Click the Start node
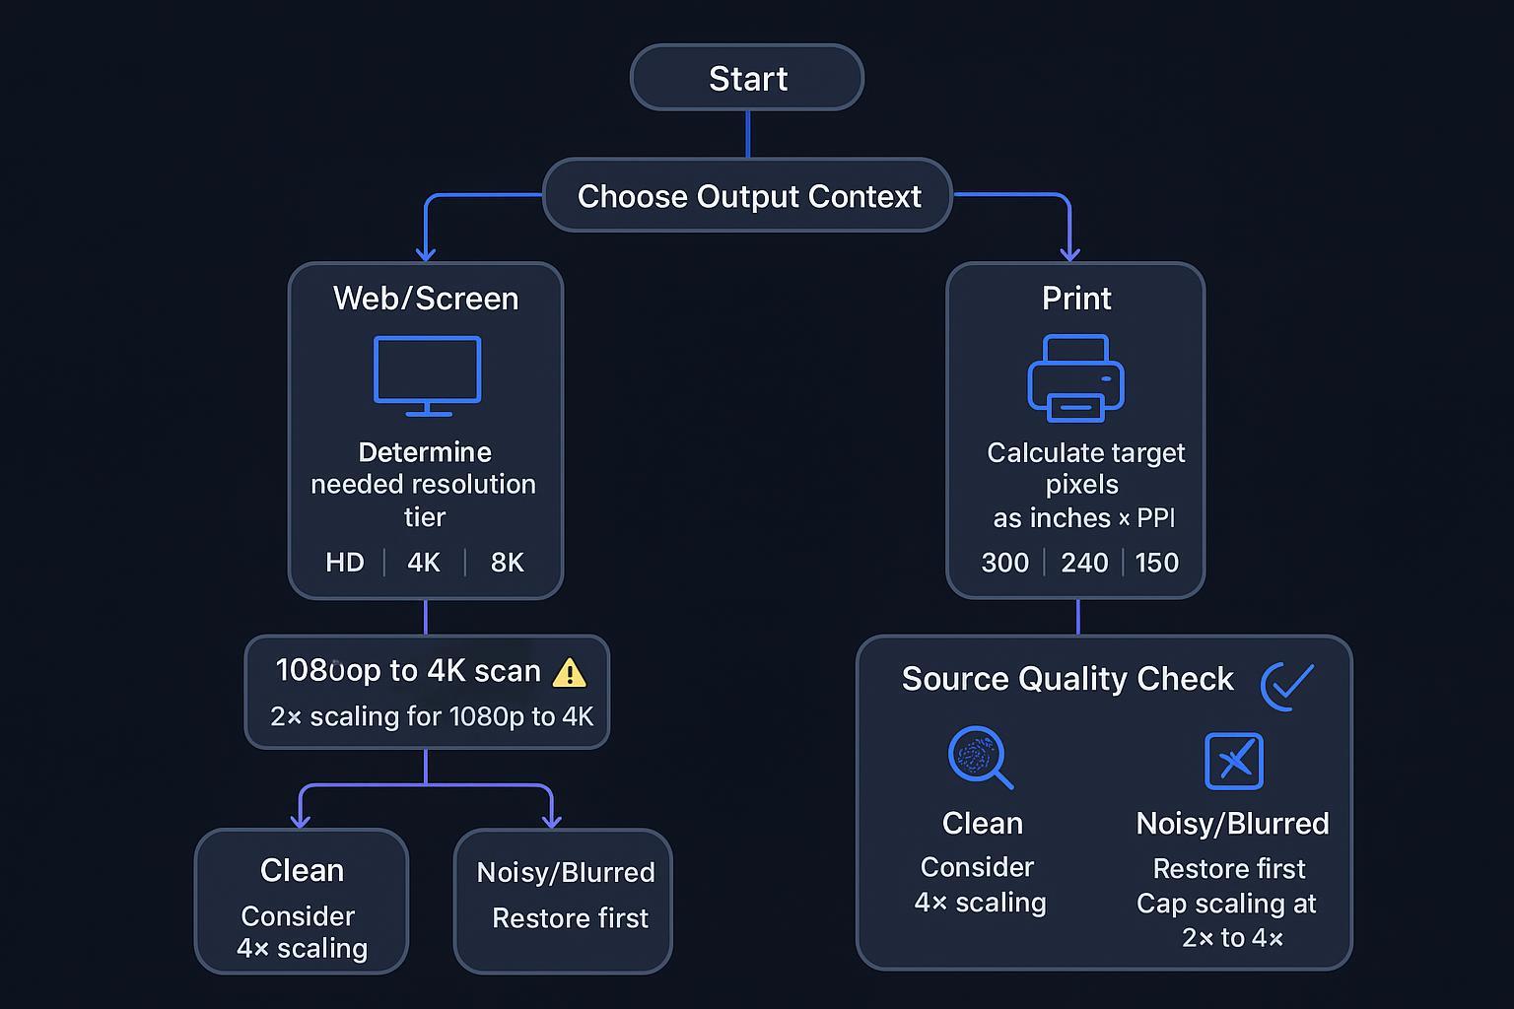(747, 78)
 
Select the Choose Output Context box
(748, 196)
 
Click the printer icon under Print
(1075, 378)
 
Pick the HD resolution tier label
(345, 563)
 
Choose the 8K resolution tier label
(507, 563)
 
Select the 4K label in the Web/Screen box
(424, 563)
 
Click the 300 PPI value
(1004, 563)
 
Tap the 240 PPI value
(1084, 563)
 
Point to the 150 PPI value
(1156, 563)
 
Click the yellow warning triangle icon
(570, 673)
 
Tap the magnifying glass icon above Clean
(979, 757)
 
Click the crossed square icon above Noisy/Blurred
(1233, 761)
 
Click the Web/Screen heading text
(426, 299)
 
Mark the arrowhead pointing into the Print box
(1069, 254)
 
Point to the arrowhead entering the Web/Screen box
(426, 254)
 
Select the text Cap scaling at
(1226, 904)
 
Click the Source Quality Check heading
(1067, 679)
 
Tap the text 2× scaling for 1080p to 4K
(432, 716)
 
